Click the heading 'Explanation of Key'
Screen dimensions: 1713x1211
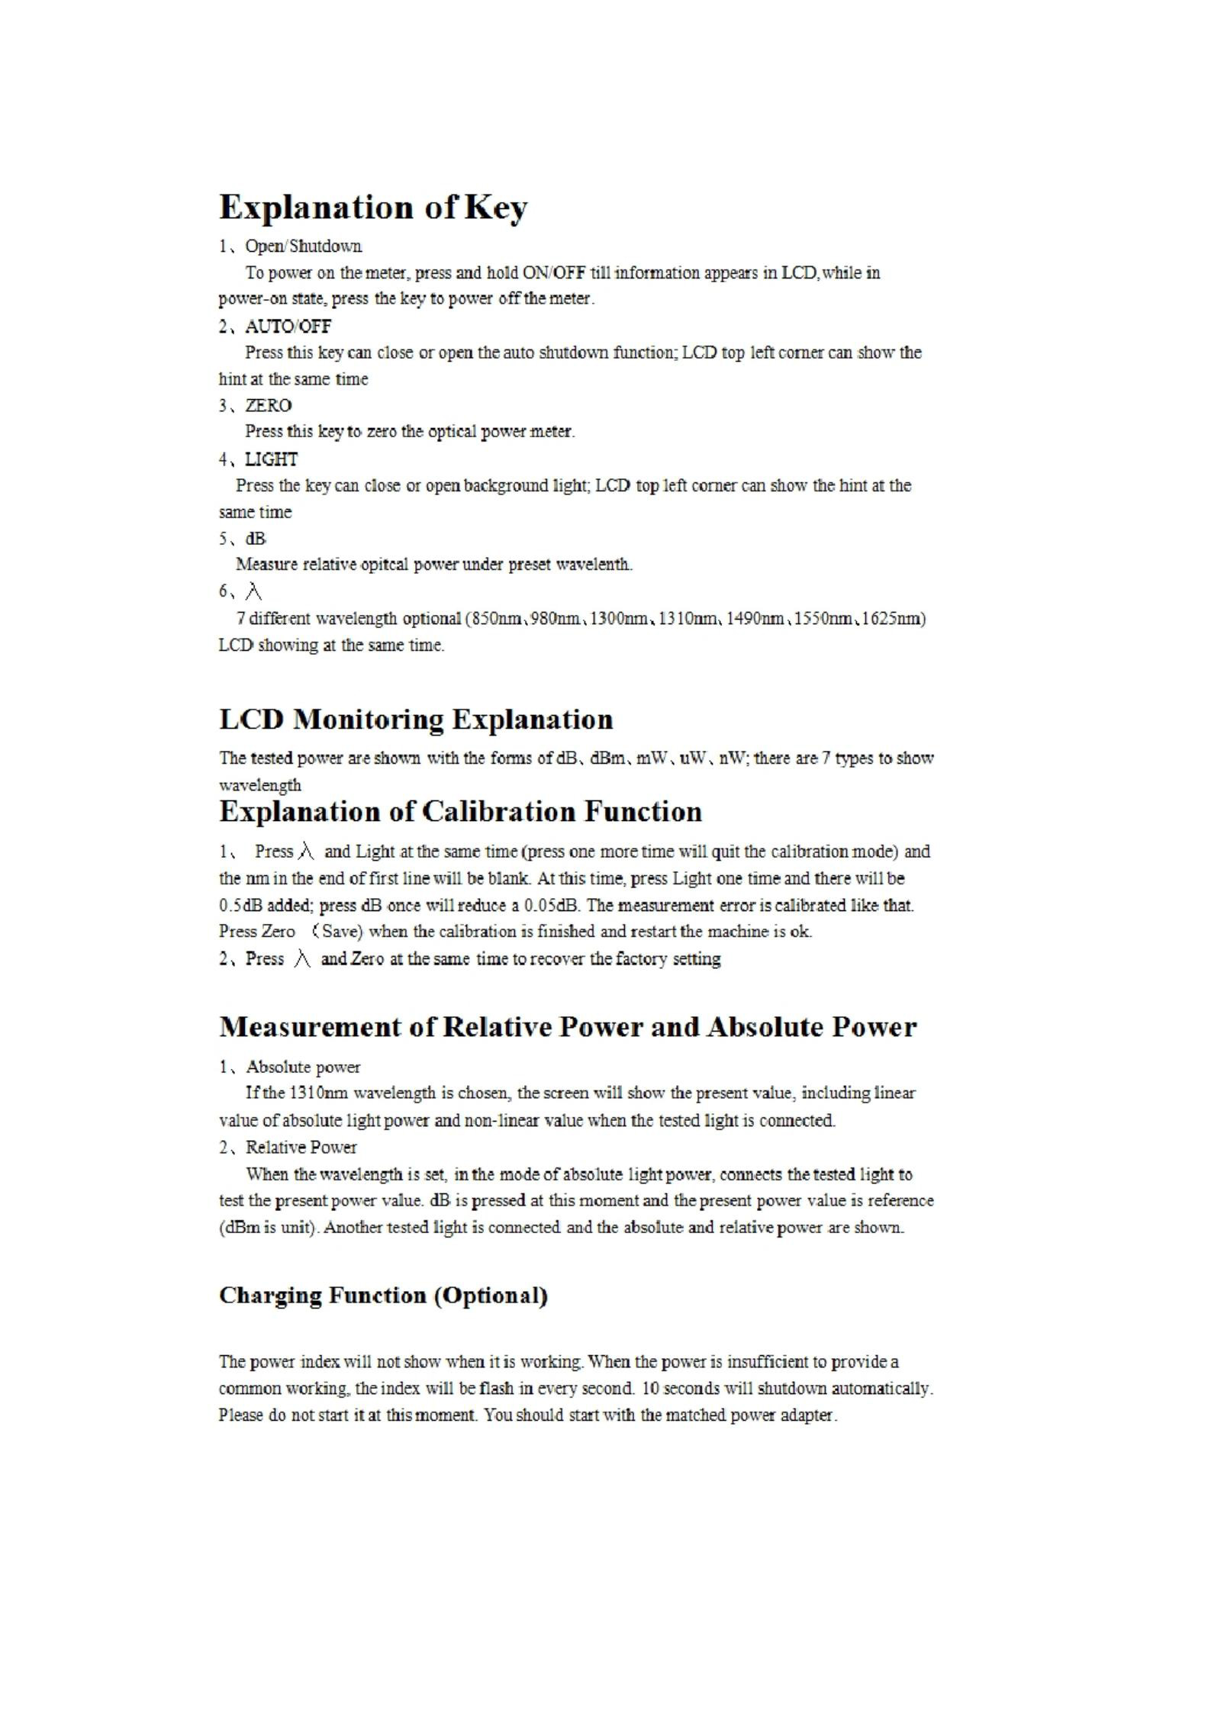(372, 208)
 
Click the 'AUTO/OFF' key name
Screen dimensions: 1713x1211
(288, 327)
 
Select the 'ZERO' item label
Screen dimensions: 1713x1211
(268, 405)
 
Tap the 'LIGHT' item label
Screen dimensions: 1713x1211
(271, 459)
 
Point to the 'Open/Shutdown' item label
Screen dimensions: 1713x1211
(303, 246)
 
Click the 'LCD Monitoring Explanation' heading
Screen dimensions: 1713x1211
(416, 720)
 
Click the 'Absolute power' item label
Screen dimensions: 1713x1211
(303, 1067)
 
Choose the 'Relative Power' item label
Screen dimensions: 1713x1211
(301, 1148)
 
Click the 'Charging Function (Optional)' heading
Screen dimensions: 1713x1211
(383, 1295)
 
